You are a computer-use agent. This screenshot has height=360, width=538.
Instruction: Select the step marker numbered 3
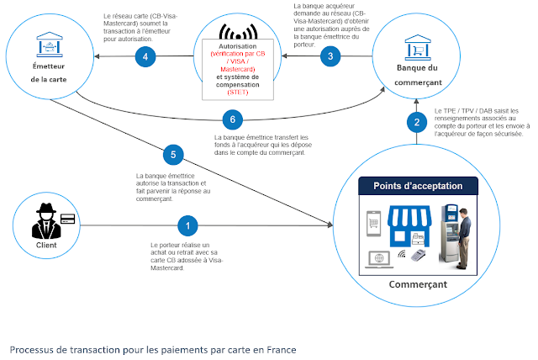coord(330,56)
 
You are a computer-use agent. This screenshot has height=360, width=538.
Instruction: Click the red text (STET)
coord(239,91)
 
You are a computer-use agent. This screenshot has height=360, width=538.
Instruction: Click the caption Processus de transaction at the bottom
coord(153,348)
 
